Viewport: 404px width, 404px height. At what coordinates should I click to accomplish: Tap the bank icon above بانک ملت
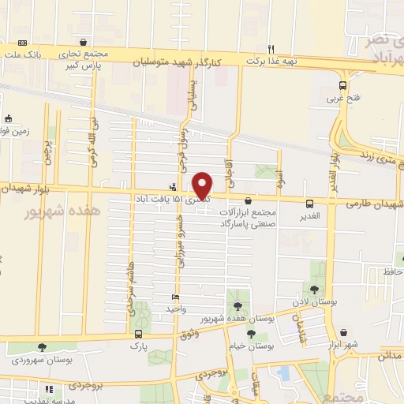(21, 43)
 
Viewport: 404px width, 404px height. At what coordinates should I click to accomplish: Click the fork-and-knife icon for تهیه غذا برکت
(271, 47)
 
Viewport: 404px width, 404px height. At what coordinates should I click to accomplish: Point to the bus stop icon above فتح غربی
(342, 86)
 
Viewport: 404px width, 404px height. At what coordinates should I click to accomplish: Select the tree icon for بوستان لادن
(316, 290)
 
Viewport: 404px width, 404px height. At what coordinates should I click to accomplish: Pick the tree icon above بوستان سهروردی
(42, 347)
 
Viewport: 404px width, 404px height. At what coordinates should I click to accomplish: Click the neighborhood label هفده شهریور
(54, 212)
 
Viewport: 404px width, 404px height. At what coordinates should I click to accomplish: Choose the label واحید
(174, 309)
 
